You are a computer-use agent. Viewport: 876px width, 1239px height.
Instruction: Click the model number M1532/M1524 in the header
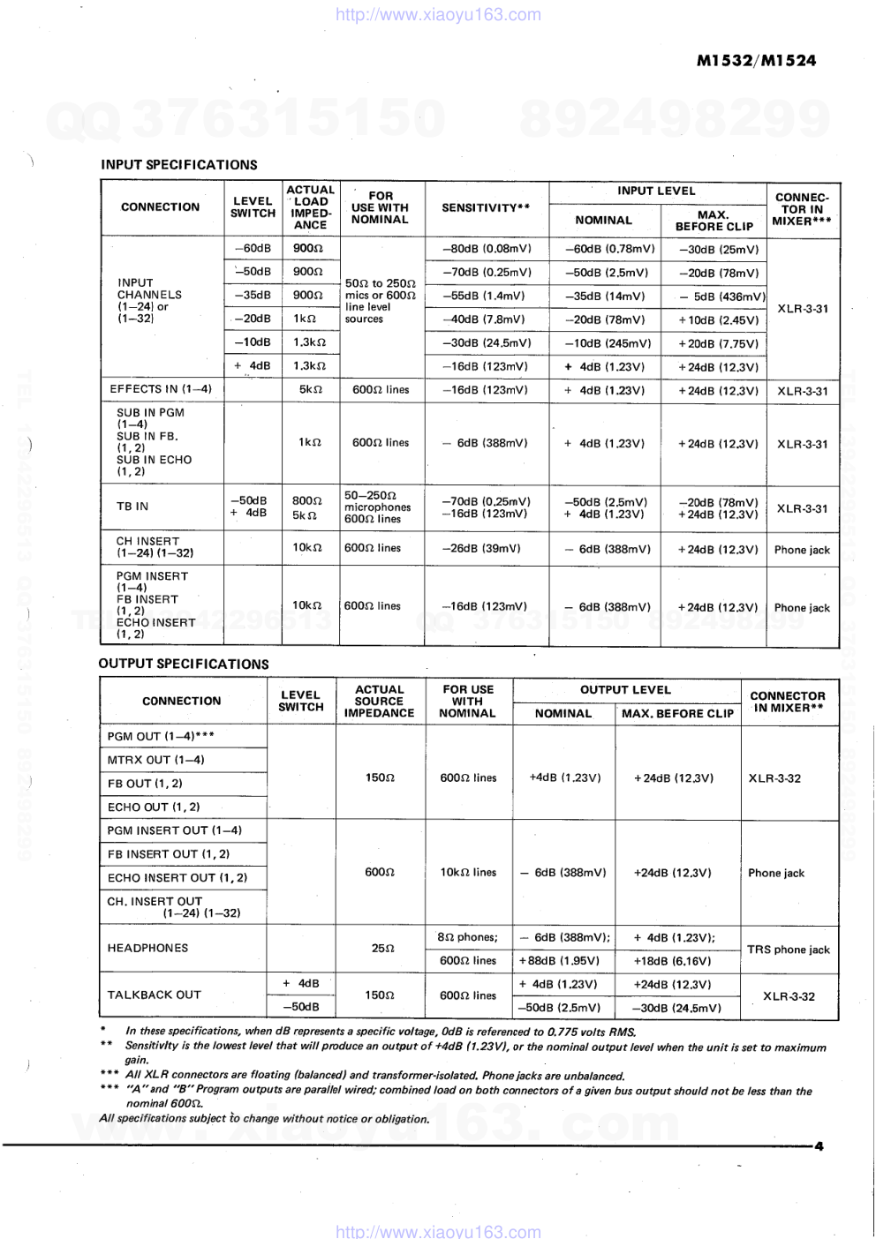point(756,61)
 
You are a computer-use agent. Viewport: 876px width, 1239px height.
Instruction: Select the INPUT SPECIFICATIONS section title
point(179,165)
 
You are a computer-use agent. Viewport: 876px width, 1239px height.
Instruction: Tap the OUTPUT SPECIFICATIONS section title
point(184,664)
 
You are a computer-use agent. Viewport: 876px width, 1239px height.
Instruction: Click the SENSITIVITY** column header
point(486,208)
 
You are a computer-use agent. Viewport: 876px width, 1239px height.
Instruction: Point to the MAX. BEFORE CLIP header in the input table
point(714,221)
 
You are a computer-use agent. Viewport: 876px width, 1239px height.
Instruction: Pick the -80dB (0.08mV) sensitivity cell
point(487,249)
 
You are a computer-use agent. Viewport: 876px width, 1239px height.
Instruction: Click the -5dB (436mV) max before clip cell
point(718,297)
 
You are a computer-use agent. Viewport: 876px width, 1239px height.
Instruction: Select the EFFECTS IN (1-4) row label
point(161,389)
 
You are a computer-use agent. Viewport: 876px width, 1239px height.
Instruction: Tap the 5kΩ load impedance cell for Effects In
point(310,389)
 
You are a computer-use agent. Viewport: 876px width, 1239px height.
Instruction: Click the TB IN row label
point(132,507)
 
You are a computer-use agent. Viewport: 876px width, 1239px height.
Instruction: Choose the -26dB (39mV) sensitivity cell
point(481,548)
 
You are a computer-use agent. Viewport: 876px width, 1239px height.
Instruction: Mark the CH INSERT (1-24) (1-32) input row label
point(155,547)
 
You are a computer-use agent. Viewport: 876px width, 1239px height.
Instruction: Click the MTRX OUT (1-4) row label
point(155,760)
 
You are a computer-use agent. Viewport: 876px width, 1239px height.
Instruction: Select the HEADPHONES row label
point(147,948)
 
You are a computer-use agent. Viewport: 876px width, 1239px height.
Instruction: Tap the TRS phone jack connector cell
point(788,950)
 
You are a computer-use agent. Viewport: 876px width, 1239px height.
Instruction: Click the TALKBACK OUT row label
point(154,995)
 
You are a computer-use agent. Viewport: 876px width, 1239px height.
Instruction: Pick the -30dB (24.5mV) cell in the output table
point(676,1008)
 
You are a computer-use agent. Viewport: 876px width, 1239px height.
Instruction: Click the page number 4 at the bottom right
point(819,1146)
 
